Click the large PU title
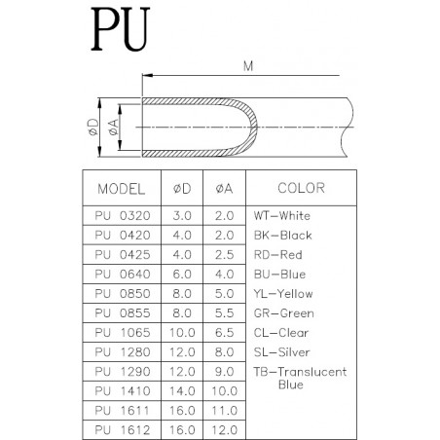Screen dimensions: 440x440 121,29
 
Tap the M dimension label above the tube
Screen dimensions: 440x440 248,66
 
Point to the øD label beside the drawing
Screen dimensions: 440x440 93,128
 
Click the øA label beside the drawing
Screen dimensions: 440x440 113,128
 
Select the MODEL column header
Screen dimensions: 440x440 122,189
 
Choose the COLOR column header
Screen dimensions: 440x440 301,188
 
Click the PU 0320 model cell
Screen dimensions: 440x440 123,216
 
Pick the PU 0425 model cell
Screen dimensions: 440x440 123,255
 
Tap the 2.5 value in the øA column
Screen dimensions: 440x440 224,255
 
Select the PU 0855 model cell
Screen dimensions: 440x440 123,313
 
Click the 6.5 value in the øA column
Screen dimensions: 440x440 224,333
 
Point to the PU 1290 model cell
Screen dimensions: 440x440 123,372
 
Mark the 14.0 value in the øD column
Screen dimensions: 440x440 182,391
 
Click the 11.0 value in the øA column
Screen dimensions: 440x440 224,411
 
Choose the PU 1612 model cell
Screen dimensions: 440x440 123,430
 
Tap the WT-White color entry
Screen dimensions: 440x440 282,216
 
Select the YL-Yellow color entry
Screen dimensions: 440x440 283,294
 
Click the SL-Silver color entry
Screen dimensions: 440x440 281,352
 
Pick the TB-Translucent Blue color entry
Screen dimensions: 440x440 300,378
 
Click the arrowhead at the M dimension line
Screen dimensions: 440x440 147,76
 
